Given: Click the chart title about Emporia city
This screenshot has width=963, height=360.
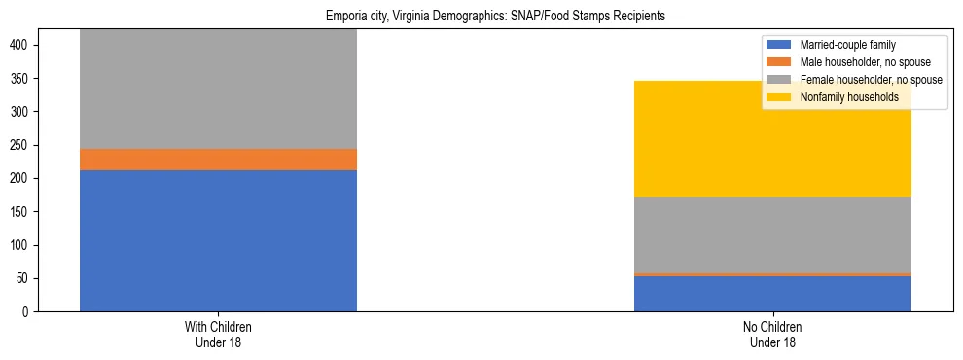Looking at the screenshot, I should pyautogui.click(x=481, y=17).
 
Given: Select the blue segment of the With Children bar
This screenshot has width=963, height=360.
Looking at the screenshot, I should pyautogui.click(x=218, y=240).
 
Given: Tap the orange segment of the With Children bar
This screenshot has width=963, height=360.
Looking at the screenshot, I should pyautogui.click(x=218, y=160).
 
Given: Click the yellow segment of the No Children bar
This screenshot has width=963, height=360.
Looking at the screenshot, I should pyautogui.click(x=772, y=138).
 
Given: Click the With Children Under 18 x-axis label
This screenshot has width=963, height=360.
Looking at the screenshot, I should pyautogui.click(x=218, y=334).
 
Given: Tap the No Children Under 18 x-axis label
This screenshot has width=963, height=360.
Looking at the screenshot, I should pyautogui.click(x=772, y=334).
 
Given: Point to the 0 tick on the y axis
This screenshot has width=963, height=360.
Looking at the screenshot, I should pyautogui.click(x=29, y=312).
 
